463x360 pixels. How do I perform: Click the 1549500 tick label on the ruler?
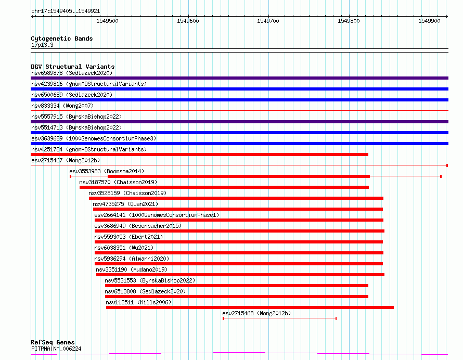[107, 21]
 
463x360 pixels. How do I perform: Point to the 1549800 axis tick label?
[349, 21]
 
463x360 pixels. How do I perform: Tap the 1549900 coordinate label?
[429, 21]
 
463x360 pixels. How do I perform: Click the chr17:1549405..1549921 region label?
[66, 11]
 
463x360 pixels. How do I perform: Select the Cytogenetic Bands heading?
[62, 38]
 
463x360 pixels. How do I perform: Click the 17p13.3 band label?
[42, 45]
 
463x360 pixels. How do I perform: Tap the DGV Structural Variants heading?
[73, 67]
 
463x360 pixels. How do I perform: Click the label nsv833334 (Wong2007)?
[62, 106]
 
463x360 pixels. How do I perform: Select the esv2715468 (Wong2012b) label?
[256, 313]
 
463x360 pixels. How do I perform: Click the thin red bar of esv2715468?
[280, 318]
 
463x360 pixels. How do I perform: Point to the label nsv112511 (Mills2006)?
[138, 302]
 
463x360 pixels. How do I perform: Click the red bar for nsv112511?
[250, 307]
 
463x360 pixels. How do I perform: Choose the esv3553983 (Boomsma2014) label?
[107, 171]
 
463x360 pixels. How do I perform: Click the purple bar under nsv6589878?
[239, 78]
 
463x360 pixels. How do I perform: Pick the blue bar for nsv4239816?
[239, 89]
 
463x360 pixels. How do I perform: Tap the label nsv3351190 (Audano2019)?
[132, 269]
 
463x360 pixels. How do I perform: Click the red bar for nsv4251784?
[200, 155]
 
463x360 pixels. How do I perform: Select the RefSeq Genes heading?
[53, 342]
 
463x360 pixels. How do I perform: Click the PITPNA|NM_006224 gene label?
[56, 349]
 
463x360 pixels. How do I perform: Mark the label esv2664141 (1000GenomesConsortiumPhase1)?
[157, 215]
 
